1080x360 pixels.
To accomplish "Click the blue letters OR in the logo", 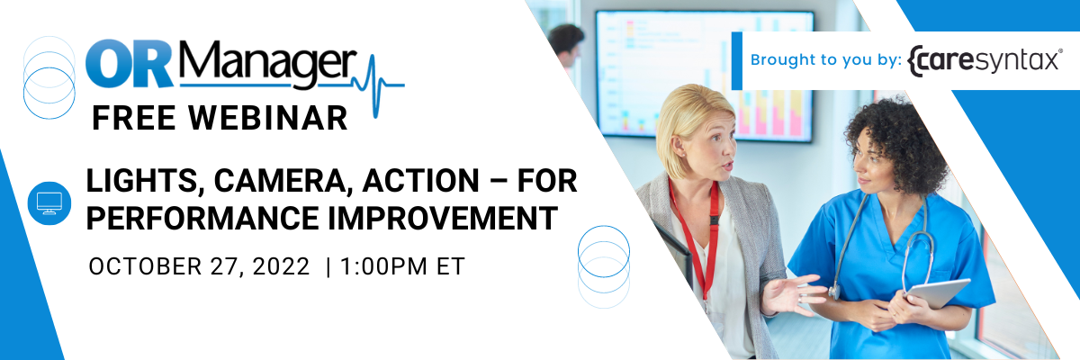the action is coord(130,65).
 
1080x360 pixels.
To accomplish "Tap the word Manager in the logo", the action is coord(267,65).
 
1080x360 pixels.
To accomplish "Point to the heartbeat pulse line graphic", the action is coord(380,85).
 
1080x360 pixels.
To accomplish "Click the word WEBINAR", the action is coord(268,118).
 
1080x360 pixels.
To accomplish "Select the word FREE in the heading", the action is coord(133,118).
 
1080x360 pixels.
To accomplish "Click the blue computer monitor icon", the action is coord(49,203).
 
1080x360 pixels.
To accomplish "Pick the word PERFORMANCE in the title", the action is coord(202,218).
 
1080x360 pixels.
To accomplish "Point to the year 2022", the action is coord(281,266).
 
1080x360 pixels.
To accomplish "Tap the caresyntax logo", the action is coord(985,60).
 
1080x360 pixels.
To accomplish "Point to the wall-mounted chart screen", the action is coord(704,76).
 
